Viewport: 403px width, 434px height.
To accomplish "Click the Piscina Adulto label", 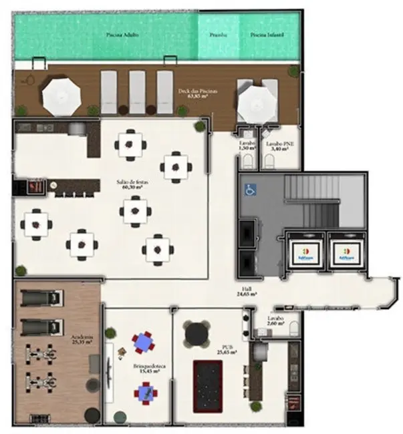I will click(122, 34).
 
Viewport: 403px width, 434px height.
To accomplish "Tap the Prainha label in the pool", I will click(219, 34).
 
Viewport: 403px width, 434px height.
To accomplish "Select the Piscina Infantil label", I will click(264, 34).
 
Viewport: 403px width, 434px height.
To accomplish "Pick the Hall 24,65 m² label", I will click(247, 290).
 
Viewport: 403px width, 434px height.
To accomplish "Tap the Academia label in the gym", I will click(82, 340).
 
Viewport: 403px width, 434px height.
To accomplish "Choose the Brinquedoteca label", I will click(145, 369).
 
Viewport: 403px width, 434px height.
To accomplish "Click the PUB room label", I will click(227, 349).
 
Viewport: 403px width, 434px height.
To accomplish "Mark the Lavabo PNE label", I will click(277, 146).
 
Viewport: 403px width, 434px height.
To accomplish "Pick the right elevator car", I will click(346, 253).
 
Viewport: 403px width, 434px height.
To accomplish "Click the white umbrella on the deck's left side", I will click(61, 94).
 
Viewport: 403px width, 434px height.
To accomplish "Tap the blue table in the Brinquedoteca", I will click(144, 343).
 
